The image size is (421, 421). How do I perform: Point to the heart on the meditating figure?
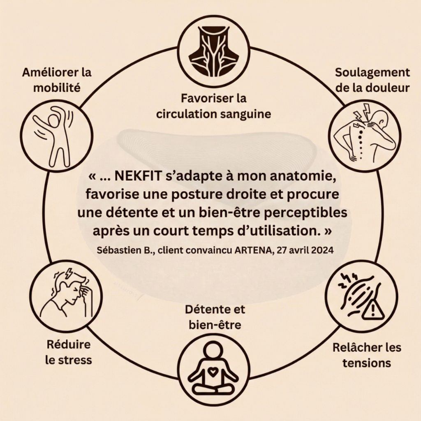(x=213, y=372)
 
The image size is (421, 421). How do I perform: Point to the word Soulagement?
(x=372, y=73)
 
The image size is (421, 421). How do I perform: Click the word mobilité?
(x=57, y=88)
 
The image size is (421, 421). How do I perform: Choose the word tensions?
(x=367, y=363)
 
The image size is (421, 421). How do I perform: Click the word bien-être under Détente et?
(x=215, y=325)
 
